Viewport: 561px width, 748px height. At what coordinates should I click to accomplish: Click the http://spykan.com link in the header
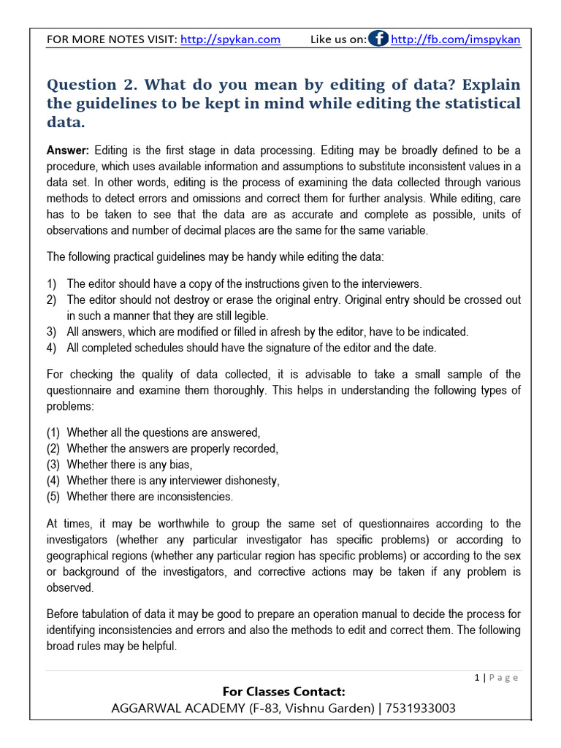click(x=230, y=39)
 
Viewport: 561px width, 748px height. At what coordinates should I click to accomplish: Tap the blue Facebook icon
click(x=378, y=39)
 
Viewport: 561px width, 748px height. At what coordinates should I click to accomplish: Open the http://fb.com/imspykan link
click(x=455, y=39)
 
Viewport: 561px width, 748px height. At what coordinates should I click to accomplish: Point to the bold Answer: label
click(x=68, y=150)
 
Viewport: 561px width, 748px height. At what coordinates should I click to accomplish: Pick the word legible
click(x=248, y=316)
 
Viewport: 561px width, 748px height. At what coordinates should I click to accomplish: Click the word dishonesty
click(x=251, y=481)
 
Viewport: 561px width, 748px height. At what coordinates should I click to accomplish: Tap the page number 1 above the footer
click(x=477, y=677)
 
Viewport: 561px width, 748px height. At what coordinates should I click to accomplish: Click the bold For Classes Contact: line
click(x=283, y=691)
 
